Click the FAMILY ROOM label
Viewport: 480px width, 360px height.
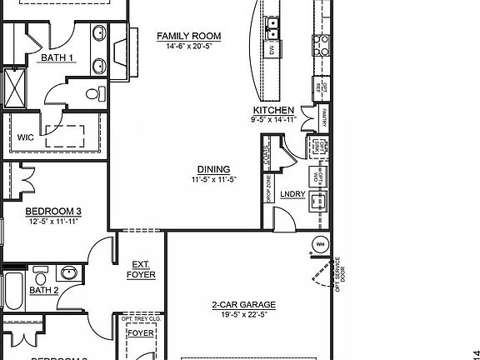[x=189, y=36]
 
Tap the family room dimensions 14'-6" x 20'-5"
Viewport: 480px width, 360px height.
[x=189, y=47]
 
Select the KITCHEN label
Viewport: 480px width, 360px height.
[x=273, y=110]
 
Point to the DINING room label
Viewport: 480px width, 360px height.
[x=213, y=169]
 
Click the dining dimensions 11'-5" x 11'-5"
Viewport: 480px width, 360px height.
[x=213, y=179]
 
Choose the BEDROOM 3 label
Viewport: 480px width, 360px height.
[x=52, y=211]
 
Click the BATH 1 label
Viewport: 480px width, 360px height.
[x=57, y=58]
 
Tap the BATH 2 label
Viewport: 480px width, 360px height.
[x=44, y=291]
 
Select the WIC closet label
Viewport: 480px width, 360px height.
[x=26, y=138]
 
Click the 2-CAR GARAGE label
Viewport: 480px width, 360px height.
[x=243, y=305]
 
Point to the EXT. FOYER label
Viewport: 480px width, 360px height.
[x=141, y=269]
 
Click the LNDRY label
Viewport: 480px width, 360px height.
[x=292, y=194]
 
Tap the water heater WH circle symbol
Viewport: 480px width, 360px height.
[x=319, y=245]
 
